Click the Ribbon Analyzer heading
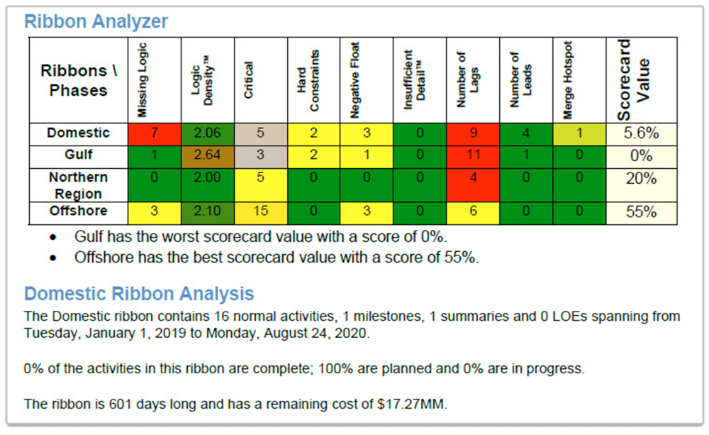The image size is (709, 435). tap(96, 21)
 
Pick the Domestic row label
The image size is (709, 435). tap(78, 133)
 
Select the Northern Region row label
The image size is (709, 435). tap(78, 185)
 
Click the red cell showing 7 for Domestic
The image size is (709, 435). tap(155, 133)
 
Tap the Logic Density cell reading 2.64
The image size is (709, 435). tap(208, 155)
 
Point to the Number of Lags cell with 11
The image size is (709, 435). tap(473, 155)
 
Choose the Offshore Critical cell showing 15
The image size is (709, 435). tap(261, 211)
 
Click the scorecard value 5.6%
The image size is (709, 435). tap(640, 133)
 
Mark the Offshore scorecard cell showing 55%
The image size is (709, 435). tap(640, 211)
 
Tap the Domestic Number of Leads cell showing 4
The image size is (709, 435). tap(526, 133)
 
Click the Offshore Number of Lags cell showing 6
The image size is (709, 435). tap(473, 211)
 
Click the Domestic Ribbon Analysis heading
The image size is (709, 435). tap(139, 293)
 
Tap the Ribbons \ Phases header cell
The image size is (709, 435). tap(78, 80)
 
